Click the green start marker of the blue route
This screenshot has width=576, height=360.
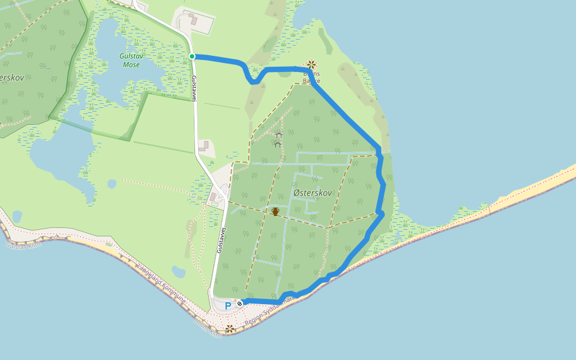coord(192,56)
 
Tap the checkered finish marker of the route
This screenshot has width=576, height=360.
coord(240,304)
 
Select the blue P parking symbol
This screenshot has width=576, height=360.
coord(228,306)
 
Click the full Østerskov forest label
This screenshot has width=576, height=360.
coord(313,192)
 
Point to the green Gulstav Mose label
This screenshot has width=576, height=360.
coord(130,60)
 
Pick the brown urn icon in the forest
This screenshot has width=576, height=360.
coord(275,211)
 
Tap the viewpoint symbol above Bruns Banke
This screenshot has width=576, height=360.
coord(311,64)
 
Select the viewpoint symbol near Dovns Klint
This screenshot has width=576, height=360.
coord(230,328)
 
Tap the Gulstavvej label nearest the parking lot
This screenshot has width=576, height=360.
coord(221,240)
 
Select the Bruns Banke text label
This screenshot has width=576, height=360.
coord(311,77)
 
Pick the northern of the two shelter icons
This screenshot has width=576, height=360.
coord(278,136)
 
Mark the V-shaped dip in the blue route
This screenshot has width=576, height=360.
coord(254,81)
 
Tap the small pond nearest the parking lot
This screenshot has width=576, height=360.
coord(179,272)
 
